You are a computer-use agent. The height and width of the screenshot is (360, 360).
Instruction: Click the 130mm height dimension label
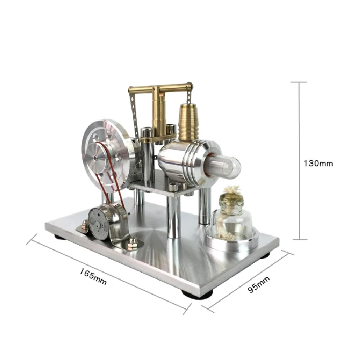tap(318, 163)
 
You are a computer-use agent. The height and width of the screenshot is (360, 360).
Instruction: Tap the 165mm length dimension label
tap(93, 277)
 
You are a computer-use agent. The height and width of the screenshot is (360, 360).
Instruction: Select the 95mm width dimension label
tap(259, 284)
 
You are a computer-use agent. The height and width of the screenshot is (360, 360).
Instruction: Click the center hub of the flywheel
tap(95, 158)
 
